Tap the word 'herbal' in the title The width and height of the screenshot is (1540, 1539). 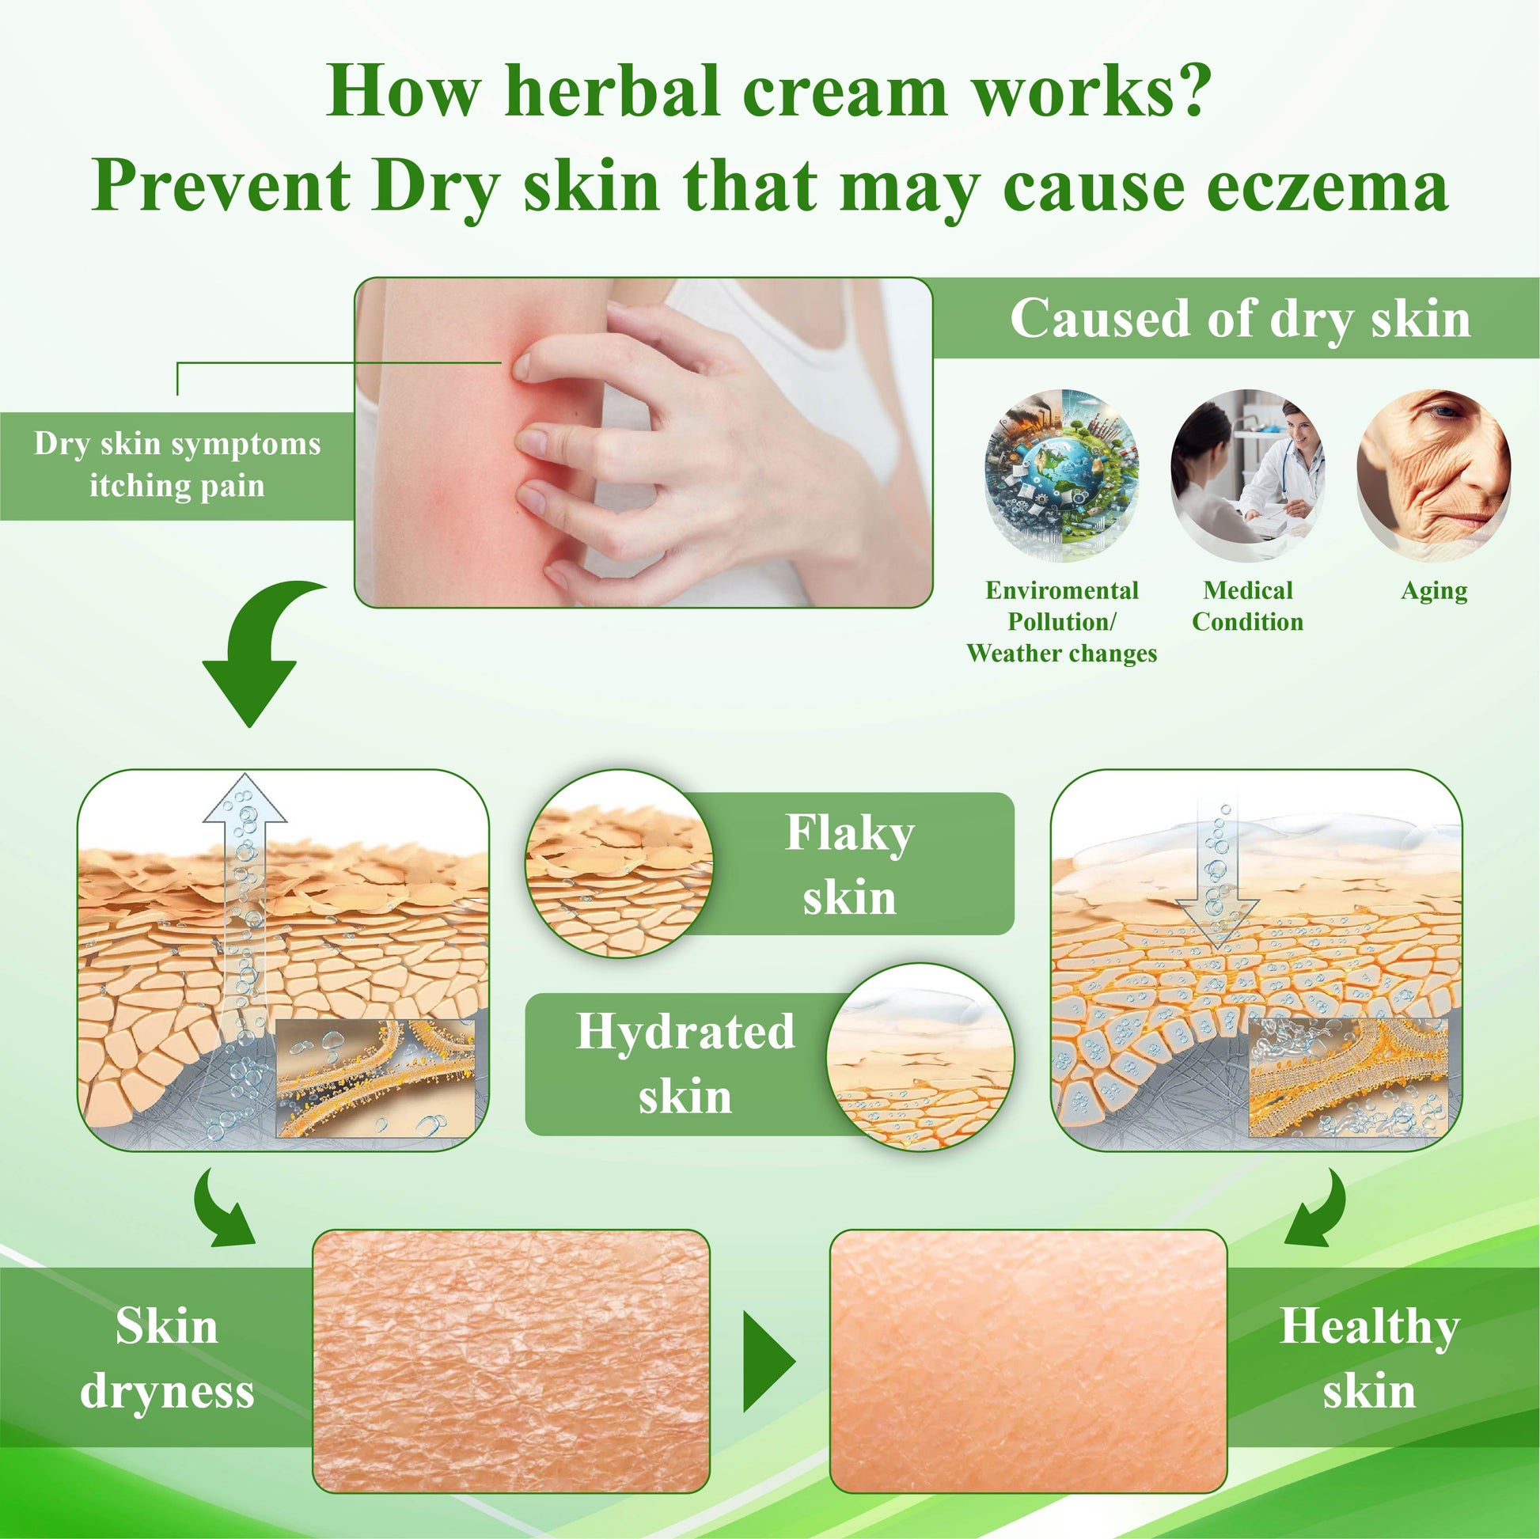(x=613, y=91)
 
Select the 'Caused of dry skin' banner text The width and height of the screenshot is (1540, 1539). (x=1240, y=319)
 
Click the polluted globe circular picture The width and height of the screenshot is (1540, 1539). (x=1062, y=475)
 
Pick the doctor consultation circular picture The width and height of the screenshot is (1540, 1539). (x=1247, y=475)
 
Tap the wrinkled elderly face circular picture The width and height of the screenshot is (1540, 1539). (x=1433, y=475)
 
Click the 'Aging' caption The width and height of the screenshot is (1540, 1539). (x=1434, y=592)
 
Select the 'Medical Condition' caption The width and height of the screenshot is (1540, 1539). (x=1247, y=606)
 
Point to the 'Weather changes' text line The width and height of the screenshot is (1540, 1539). (x=1062, y=654)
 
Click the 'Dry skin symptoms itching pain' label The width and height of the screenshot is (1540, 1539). (x=177, y=464)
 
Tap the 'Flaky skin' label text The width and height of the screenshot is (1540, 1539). (x=850, y=865)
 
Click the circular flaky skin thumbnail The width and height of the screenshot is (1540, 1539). (x=620, y=864)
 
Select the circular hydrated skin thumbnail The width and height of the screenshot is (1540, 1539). (x=920, y=1057)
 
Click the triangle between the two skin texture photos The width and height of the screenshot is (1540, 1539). (x=768, y=1361)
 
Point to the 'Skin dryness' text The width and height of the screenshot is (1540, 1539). (x=167, y=1359)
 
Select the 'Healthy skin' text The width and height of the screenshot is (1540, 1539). (x=1369, y=1359)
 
